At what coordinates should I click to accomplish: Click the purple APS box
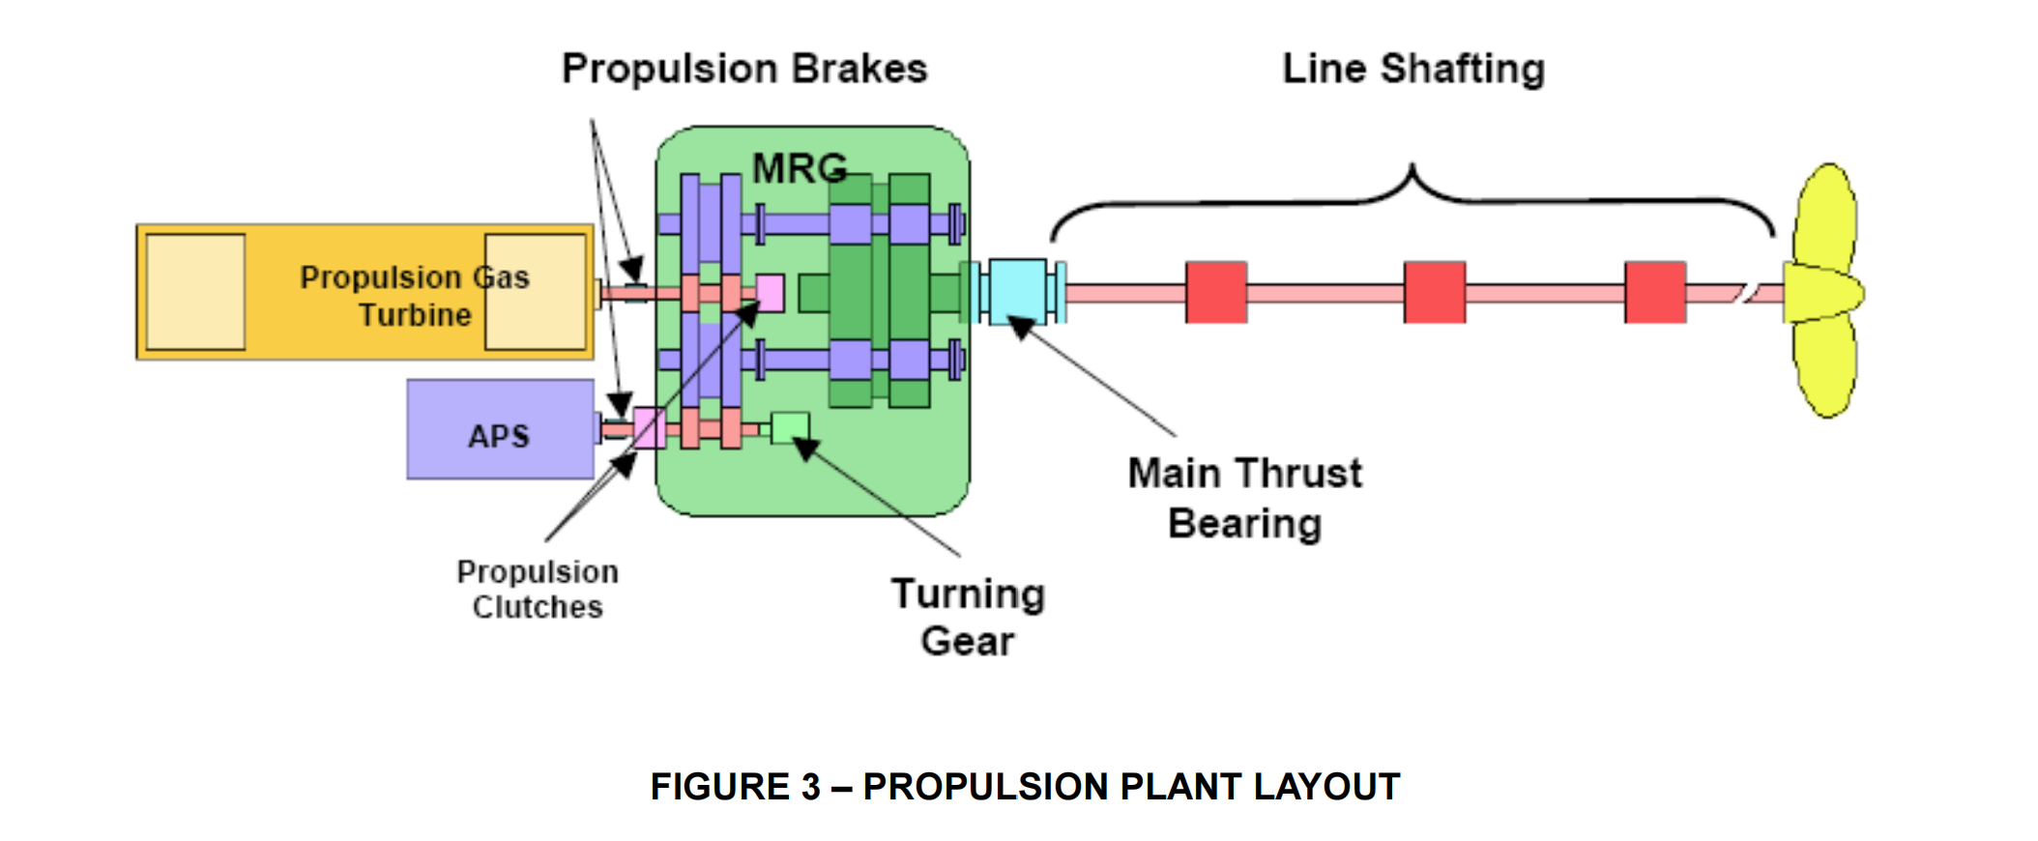pyautogui.click(x=500, y=429)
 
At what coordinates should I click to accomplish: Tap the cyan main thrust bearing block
pyautogui.click(x=1017, y=290)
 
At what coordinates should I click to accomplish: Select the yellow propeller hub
pyautogui.click(x=1823, y=293)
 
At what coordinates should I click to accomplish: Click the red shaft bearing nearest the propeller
pyautogui.click(x=1655, y=292)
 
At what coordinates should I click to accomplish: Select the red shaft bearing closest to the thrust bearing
pyautogui.click(x=1216, y=292)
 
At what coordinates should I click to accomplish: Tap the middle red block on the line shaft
pyautogui.click(x=1435, y=292)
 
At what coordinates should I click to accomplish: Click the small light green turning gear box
pyautogui.click(x=790, y=427)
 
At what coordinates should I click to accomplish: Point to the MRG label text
pyautogui.click(x=800, y=169)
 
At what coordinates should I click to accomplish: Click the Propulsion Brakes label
pyautogui.click(x=744, y=70)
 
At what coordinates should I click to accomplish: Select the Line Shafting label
pyautogui.click(x=1413, y=70)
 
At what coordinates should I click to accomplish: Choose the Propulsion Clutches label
pyautogui.click(x=538, y=590)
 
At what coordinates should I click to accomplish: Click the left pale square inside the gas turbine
pyautogui.click(x=195, y=292)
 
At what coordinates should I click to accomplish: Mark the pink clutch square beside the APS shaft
pyautogui.click(x=649, y=427)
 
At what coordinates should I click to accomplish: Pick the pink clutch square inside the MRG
pyautogui.click(x=770, y=292)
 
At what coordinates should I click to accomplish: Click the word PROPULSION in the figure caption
pyautogui.click(x=985, y=787)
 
